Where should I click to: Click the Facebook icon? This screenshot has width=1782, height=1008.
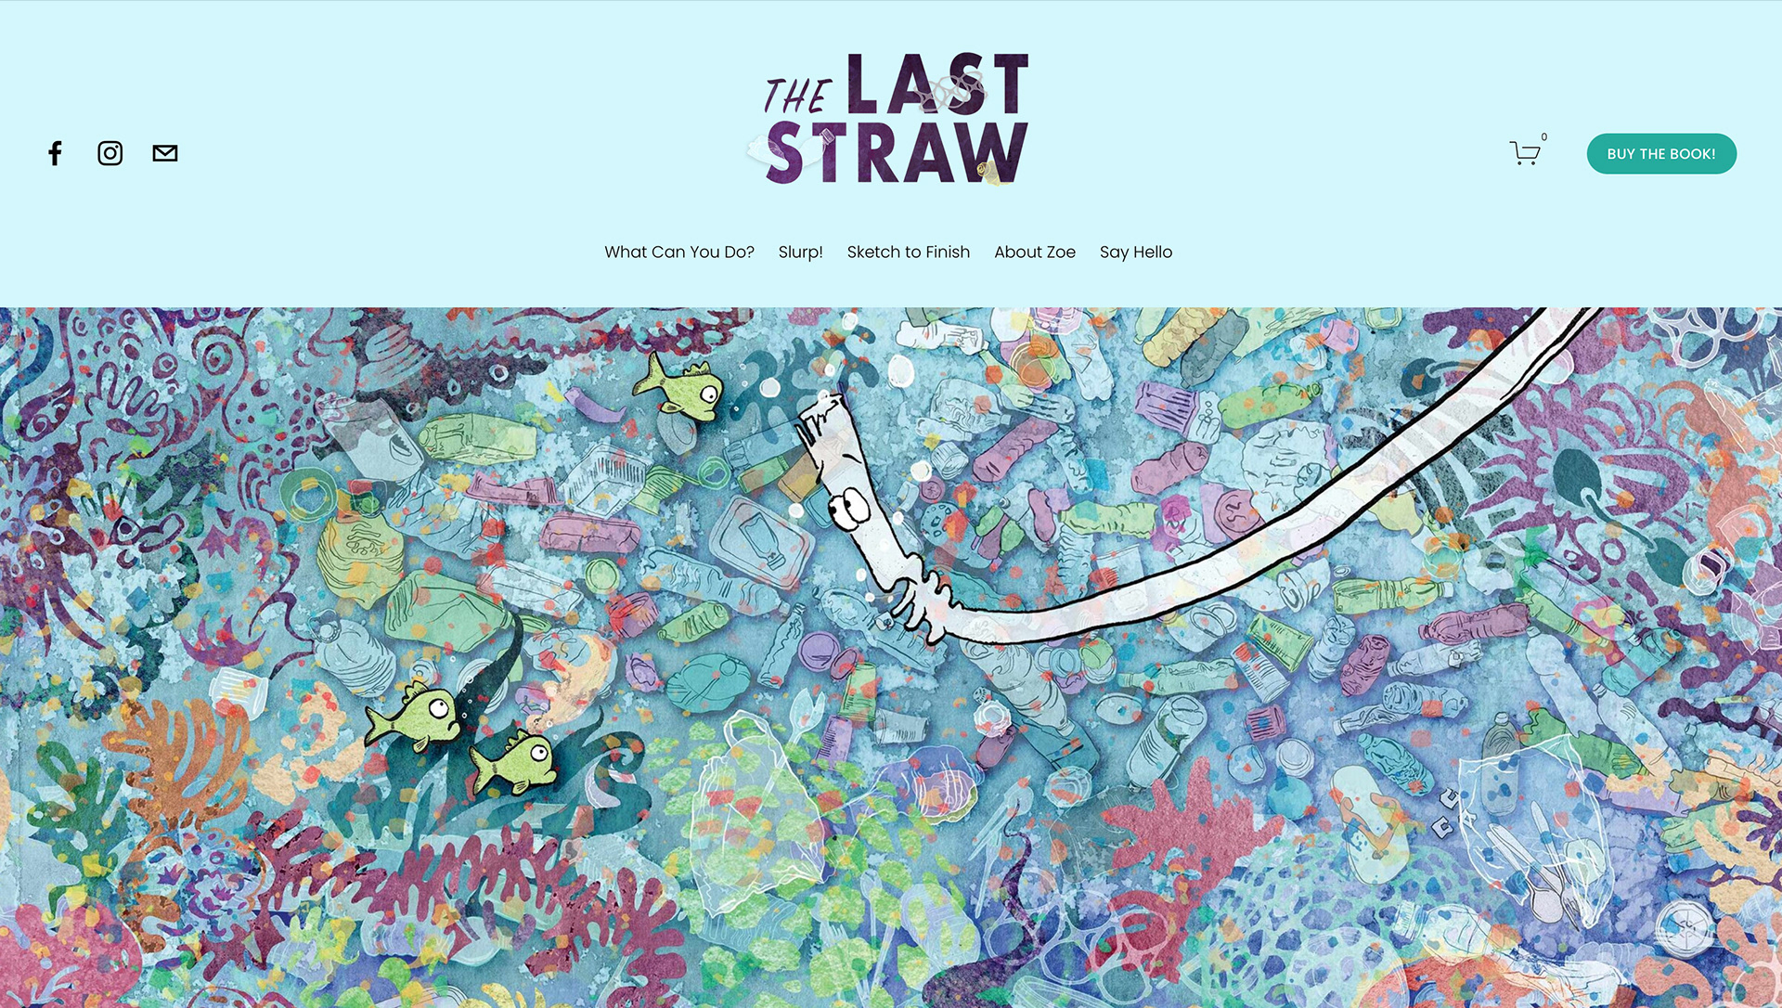pyautogui.click(x=56, y=153)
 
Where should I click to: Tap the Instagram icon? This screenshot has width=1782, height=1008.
pyautogui.click(x=110, y=153)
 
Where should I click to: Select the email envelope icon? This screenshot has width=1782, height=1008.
pyautogui.click(x=165, y=153)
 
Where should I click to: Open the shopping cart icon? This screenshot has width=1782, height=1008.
pyautogui.click(x=1524, y=153)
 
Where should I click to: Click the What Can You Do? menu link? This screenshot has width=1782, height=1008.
pyautogui.click(x=679, y=252)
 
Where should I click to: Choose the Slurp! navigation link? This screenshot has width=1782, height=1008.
pyautogui.click(x=801, y=252)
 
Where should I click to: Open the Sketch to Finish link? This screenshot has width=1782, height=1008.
pyautogui.click(x=909, y=252)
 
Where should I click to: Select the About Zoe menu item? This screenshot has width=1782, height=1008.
pyautogui.click(x=1035, y=252)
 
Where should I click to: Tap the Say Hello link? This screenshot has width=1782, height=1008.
pyautogui.click(x=1136, y=252)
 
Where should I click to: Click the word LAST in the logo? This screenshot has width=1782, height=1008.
pyautogui.click(x=937, y=84)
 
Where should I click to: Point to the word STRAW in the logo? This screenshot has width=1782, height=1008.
pyautogui.click(x=897, y=152)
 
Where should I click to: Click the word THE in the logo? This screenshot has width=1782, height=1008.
pyautogui.click(x=795, y=97)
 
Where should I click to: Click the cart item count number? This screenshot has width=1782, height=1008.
pyautogui.click(x=1544, y=136)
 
